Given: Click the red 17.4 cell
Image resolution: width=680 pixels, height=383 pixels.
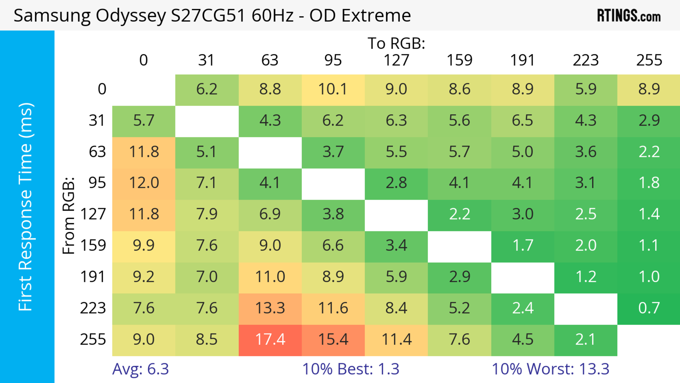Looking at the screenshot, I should click(x=270, y=340).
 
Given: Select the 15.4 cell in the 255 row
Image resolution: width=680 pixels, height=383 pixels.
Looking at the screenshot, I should click(x=333, y=340).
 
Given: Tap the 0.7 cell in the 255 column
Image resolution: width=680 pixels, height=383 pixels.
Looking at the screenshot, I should click(x=649, y=308).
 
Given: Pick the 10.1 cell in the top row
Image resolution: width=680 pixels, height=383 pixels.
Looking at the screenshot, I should click(x=333, y=89).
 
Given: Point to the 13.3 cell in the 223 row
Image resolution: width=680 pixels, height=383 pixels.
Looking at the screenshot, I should click(x=270, y=308).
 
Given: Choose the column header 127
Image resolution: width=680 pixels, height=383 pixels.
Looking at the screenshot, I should click(x=396, y=60).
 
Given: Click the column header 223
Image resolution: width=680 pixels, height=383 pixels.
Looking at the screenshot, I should click(x=585, y=60).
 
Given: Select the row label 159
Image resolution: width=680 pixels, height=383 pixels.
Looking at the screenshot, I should click(x=93, y=246).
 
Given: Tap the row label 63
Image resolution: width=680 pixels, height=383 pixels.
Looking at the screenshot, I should click(x=97, y=152).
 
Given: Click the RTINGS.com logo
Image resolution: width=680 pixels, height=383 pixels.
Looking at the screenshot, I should click(x=629, y=16).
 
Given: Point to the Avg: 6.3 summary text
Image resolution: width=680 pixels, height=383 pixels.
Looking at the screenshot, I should click(x=140, y=369).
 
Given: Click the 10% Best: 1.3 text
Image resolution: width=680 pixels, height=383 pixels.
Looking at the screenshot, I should click(x=351, y=369).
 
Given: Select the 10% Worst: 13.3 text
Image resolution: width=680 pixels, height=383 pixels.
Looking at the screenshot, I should click(x=550, y=369).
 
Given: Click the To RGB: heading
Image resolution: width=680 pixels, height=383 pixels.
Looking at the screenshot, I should click(x=396, y=43).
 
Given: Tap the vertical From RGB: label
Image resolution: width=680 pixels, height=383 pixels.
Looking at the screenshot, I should click(x=68, y=215).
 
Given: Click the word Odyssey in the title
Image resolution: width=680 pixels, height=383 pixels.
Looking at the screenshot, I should click(x=131, y=16).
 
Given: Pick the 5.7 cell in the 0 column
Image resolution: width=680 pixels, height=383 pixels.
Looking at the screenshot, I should click(x=144, y=121).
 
